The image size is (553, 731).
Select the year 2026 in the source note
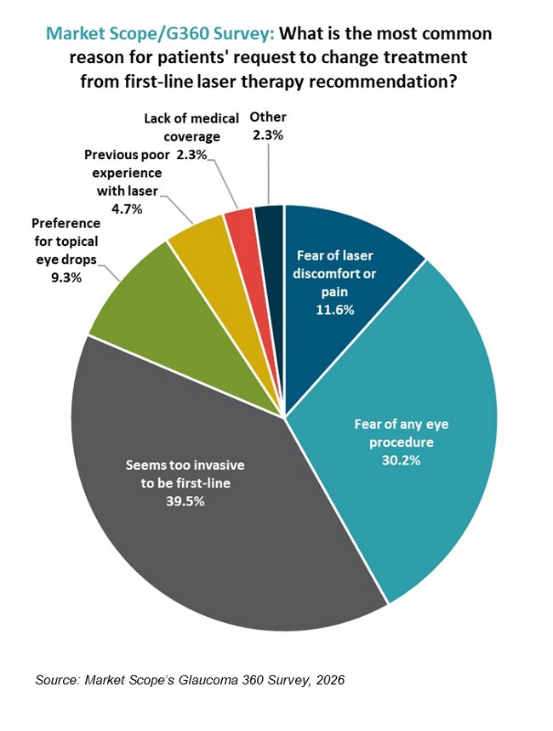329,680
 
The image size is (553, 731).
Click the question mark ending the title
471,82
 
